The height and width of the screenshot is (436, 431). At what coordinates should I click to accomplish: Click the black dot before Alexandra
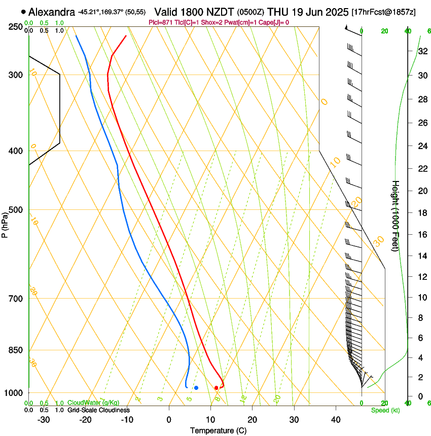23,12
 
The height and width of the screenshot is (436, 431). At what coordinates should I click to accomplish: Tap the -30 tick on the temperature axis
44,420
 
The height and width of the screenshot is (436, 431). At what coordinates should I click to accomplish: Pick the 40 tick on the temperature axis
335,420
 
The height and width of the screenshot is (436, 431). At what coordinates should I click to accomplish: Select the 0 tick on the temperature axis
169,420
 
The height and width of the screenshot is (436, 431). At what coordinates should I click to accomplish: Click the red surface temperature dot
217,388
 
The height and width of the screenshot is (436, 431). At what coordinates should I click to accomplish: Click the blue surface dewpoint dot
196,388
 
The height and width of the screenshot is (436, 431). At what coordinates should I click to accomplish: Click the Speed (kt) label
385,410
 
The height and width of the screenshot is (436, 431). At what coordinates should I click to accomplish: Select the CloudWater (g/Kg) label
93,403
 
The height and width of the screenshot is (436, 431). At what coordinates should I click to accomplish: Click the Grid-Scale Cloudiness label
98,410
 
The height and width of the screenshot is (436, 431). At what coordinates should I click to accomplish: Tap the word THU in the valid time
279,12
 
